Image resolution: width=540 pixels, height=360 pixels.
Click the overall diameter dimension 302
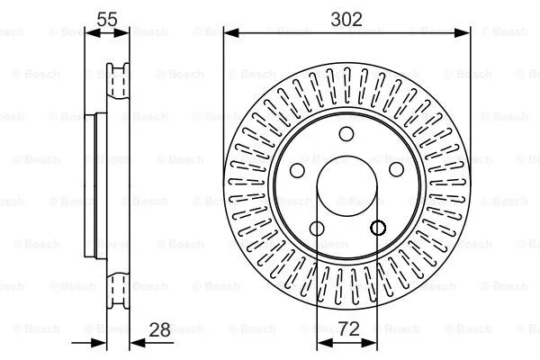click(346, 19)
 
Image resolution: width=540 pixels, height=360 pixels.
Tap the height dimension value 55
click(108, 19)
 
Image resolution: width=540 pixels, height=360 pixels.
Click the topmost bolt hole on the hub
click(346, 135)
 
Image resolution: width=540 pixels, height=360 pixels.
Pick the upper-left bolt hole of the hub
click(298, 171)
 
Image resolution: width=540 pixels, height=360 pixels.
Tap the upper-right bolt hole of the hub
click(395, 171)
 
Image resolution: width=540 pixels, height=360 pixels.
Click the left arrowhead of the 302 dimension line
click(229, 34)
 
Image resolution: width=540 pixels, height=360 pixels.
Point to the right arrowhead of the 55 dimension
click(126, 34)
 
